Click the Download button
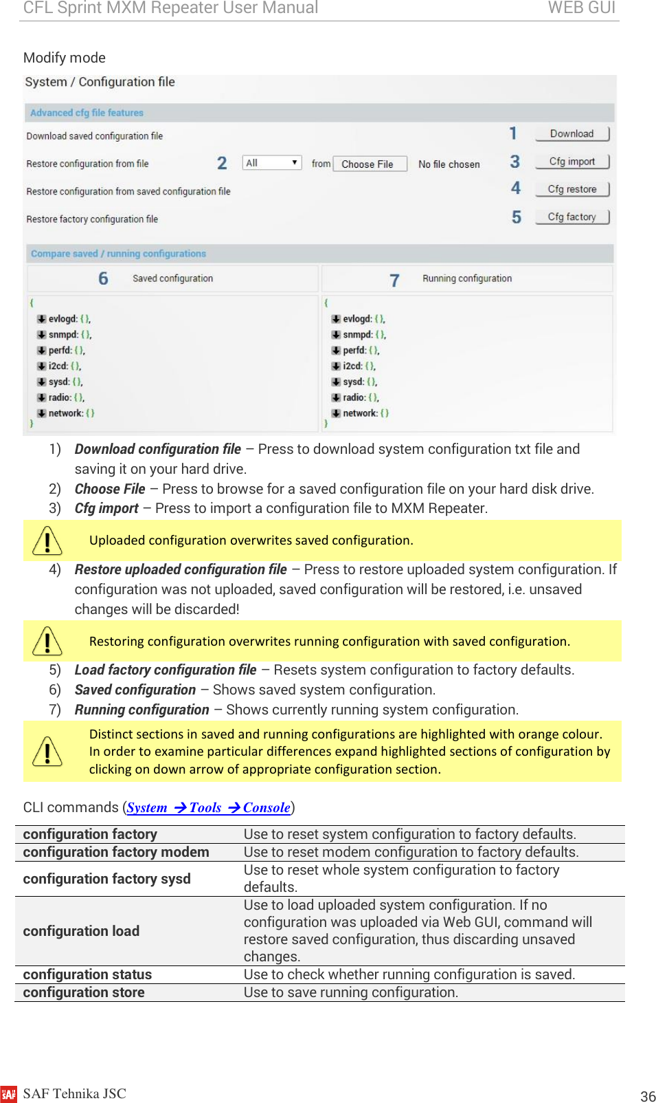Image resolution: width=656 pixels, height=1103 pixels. click(x=572, y=133)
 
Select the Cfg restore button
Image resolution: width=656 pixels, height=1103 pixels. click(x=572, y=189)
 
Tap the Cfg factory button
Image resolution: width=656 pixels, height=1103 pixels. click(x=572, y=217)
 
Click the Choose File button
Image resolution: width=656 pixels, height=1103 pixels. click(x=368, y=164)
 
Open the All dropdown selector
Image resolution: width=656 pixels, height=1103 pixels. click(x=272, y=163)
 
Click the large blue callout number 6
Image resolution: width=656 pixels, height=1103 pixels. click(x=103, y=279)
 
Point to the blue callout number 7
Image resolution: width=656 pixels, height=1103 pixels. click(x=394, y=280)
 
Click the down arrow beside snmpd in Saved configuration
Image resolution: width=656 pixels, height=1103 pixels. click(x=42, y=335)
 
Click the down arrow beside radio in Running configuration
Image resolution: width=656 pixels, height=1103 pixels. click(x=336, y=397)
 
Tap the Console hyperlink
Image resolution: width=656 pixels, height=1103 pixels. click(x=266, y=808)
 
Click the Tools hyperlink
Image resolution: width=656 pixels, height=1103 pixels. click(x=205, y=808)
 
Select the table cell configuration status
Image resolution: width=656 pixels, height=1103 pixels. click(x=87, y=974)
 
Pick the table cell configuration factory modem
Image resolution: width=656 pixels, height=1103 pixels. click(x=115, y=852)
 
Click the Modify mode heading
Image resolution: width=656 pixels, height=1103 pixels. click(x=65, y=58)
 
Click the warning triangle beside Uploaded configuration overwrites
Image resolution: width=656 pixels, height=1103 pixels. click(x=47, y=540)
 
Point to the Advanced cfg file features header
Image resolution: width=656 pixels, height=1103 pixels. click(x=87, y=113)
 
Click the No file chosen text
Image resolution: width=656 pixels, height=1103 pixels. click(x=449, y=164)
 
